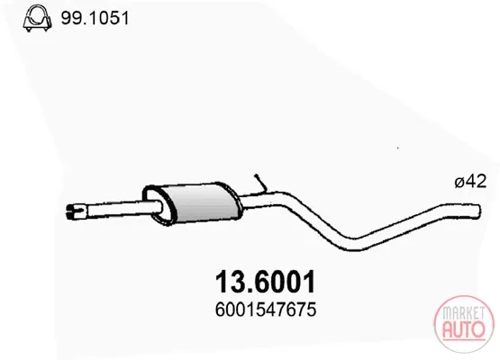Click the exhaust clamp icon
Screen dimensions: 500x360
[x=37, y=18]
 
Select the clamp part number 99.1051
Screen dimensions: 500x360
[x=95, y=18]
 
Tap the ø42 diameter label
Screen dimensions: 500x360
[x=470, y=182]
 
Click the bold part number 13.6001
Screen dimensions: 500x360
[x=265, y=282]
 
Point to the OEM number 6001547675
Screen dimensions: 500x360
[x=266, y=310]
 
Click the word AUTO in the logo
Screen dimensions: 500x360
[x=464, y=329]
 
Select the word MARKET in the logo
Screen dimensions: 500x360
[x=464, y=313]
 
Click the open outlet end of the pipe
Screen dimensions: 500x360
[x=477, y=211]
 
